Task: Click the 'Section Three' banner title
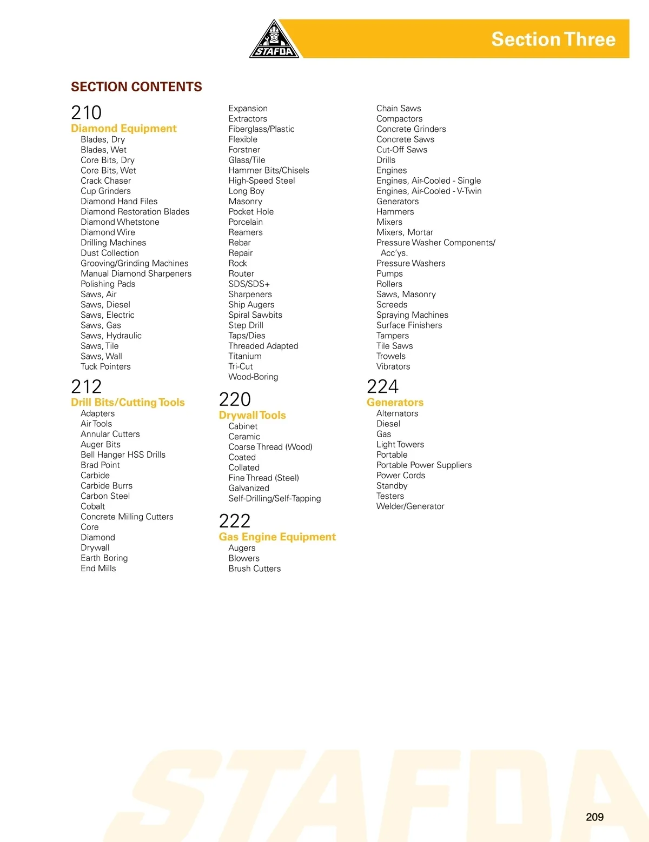[x=553, y=39]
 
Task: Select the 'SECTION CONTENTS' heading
[x=136, y=87]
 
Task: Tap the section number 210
[x=87, y=112]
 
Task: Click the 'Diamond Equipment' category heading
[x=124, y=129]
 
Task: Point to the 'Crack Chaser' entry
[x=105, y=181]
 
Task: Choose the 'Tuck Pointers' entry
[x=105, y=366]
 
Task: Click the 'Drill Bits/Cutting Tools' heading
[x=128, y=403]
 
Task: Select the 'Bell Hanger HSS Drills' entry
[x=123, y=455]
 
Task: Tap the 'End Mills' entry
[x=98, y=568]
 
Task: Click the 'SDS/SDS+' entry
[x=249, y=284]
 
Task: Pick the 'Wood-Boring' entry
[x=253, y=377]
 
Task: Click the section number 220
[x=235, y=399]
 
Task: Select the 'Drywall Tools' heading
[x=252, y=416]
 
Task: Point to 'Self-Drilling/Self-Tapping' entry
[x=274, y=498]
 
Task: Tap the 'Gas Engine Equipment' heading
[x=277, y=537]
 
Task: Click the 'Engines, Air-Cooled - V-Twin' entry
[x=429, y=191]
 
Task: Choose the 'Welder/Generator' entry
[x=410, y=506]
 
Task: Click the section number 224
[x=382, y=386]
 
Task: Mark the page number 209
[x=594, y=817]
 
